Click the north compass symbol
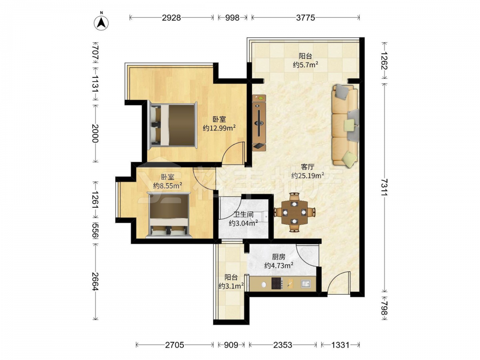pyautogui.click(x=101, y=22)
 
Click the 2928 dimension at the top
pyautogui.click(x=171, y=18)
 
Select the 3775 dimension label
pyautogui.click(x=305, y=18)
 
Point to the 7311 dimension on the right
pyautogui.click(x=385, y=187)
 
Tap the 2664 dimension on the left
pyautogui.click(x=95, y=281)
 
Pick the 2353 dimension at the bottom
pyautogui.click(x=283, y=345)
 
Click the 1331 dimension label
pyautogui.click(x=340, y=345)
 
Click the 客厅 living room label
pyautogui.click(x=308, y=167)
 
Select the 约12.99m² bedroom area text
pyautogui.click(x=219, y=128)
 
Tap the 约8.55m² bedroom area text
pyautogui.click(x=168, y=185)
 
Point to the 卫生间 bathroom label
pyautogui.click(x=243, y=215)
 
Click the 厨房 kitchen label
pyautogui.click(x=278, y=257)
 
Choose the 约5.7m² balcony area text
pyautogui.click(x=305, y=65)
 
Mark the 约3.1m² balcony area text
pyautogui.click(x=231, y=286)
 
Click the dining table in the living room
pyautogui.click(x=295, y=212)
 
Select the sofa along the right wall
pyautogui.click(x=345, y=126)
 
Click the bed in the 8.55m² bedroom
pyautogui.click(x=168, y=215)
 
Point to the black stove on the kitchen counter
pyautogui.click(x=276, y=284)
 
